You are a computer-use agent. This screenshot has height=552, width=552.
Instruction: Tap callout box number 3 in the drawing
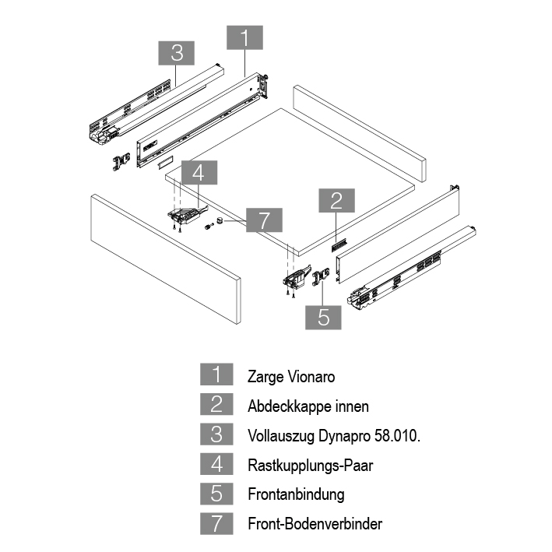pos(177,54)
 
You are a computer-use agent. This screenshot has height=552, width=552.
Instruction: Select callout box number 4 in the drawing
pos(199,174)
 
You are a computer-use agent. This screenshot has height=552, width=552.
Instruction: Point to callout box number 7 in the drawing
pos(264,221)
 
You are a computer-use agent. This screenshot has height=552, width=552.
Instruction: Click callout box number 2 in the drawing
pos(336,201)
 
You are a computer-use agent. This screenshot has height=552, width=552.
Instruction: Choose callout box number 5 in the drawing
pos(324,317)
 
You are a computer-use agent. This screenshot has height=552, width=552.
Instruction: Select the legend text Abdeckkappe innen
pos(308,406)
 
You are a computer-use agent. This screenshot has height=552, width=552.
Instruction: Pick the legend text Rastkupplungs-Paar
pos(311,465)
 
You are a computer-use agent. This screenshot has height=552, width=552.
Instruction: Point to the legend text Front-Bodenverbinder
pos(315,524)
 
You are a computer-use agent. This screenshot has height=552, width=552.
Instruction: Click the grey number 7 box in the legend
pos(216,523)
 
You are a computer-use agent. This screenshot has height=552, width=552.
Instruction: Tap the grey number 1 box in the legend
pos(216,376)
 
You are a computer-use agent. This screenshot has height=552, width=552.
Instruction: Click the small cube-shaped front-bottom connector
pos(220,220)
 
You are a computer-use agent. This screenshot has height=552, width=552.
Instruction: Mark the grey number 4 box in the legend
pos(216,465)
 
